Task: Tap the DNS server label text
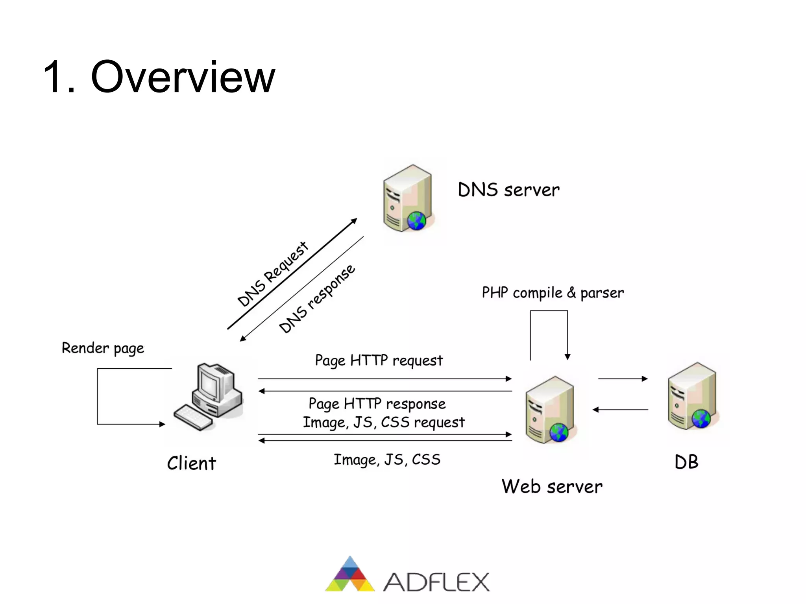tap(508, 190)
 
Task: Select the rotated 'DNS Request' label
tap(272, 274)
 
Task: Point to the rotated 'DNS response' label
tap(317, 299)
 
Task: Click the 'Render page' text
tap(103, 348)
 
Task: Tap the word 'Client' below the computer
tap(192, 463)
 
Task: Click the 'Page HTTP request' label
tap(379, 360)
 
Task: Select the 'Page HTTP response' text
tap(377, 404)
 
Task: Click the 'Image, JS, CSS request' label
tap(384, 422)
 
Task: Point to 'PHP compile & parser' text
tap(553, 293)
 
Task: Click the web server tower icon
tap(550, 409)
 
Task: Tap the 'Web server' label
tap(552, 486)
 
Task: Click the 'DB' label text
tap(686, 462)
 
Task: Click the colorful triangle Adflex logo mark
tap(350, 575)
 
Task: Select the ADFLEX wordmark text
tap(436, 582)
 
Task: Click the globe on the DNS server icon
tap(416, 220)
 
